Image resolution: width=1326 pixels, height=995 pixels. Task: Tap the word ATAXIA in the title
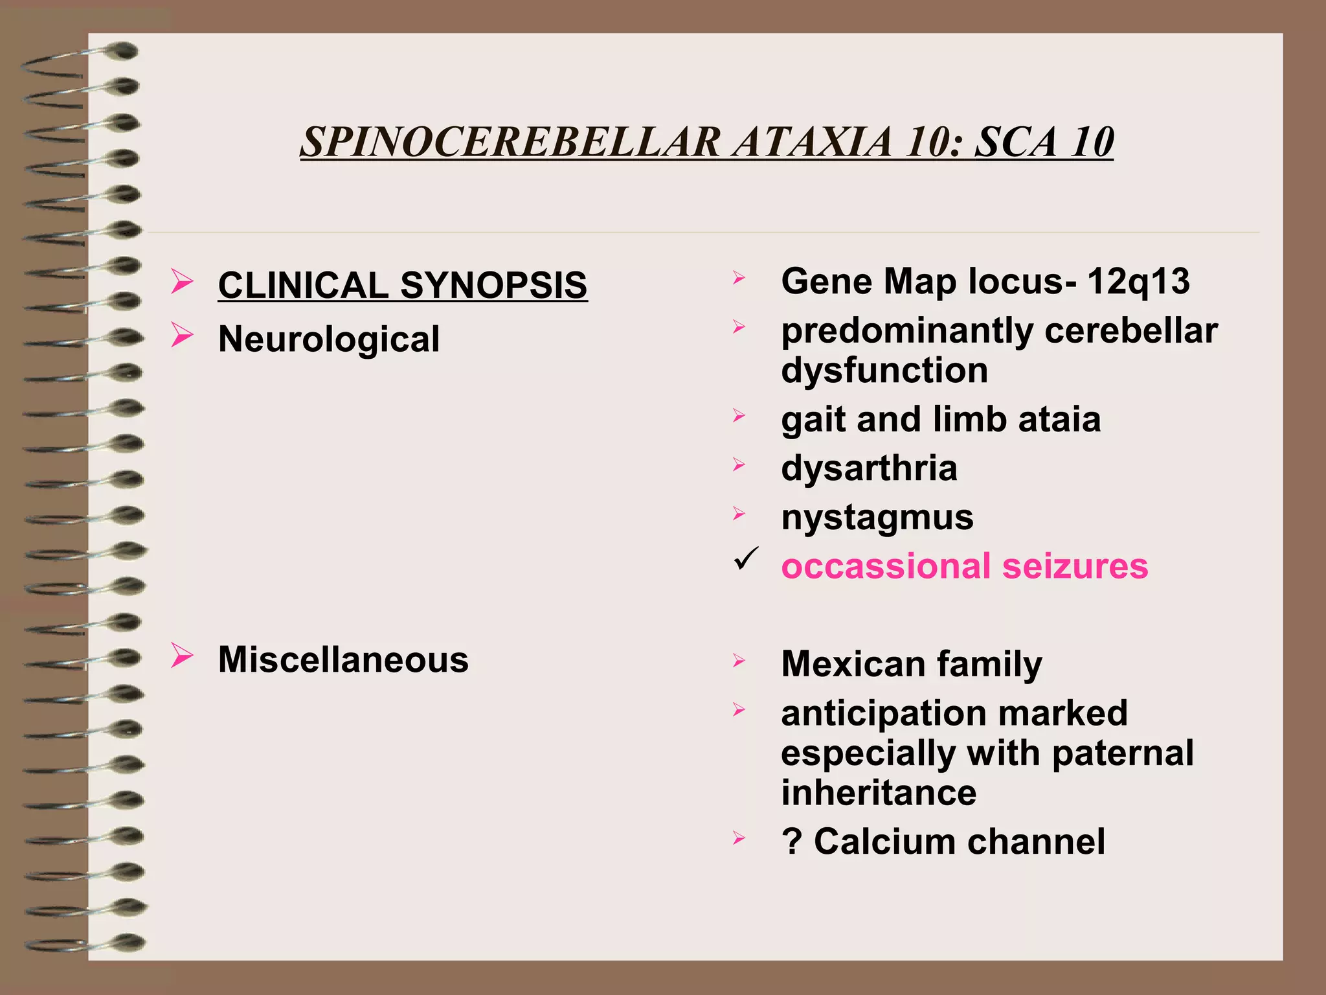click(x=813, y=142)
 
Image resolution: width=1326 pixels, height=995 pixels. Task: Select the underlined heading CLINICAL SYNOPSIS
click(x=402, y=285)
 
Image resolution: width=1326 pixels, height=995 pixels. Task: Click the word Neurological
click(x=329, y=339)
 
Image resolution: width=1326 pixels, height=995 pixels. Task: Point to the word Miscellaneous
click(x=343, y=659)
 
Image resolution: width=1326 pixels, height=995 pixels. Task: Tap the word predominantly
click(x=907, y=332)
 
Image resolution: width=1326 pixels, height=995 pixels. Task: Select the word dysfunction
click(x=884, y=370)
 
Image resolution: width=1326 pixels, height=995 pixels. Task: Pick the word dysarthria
click(x=869, y=468)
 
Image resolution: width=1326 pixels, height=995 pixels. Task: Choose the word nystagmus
click(x=877, y=518)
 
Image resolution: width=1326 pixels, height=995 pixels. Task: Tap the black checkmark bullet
click(x=746, y=558)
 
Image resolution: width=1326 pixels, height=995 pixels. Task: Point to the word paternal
click(x=1123, y=753)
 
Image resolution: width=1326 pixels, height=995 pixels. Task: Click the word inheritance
click(x=879, y=793)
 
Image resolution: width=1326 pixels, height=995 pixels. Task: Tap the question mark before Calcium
click(x=792, y=841)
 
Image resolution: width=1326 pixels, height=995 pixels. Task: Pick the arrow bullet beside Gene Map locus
click(x=739, y=278)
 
